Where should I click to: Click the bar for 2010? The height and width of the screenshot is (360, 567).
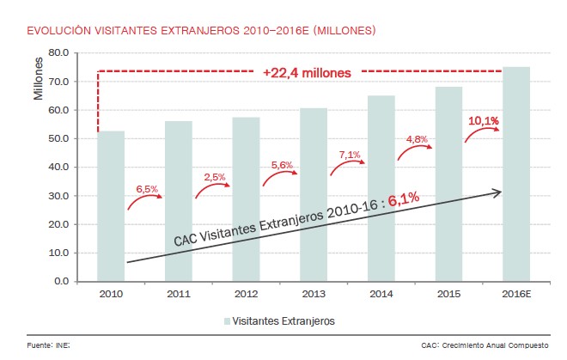112,205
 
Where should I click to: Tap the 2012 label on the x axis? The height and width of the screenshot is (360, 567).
247,293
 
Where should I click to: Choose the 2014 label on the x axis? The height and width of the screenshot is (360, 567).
381,293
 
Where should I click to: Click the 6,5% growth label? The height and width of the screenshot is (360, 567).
148,187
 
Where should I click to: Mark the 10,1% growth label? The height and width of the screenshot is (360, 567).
484,121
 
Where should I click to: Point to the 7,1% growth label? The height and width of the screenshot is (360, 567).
350,155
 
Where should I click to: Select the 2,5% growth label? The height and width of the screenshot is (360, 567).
215,177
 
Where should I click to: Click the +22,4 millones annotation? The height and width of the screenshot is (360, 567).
307,73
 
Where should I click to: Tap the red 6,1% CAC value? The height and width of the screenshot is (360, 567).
403,200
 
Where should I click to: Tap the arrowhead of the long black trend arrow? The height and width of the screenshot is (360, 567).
498,192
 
